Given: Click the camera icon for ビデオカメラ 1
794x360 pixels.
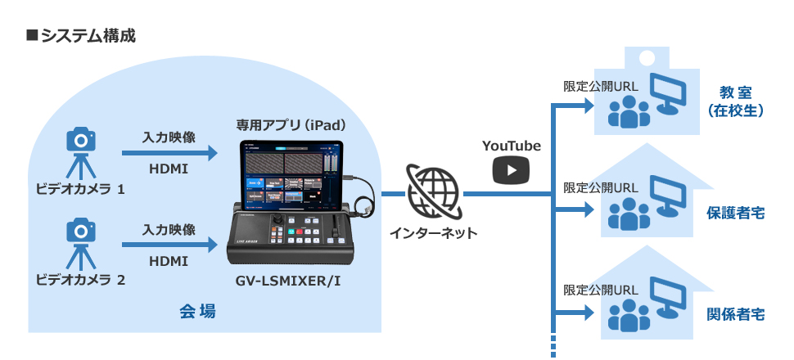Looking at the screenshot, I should [x=80, y=141].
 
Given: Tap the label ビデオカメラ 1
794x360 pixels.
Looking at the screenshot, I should [x=80, y=190].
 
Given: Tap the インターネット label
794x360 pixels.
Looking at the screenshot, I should [x=433, y=233].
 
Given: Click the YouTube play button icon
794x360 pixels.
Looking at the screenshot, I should [x=511, y=170].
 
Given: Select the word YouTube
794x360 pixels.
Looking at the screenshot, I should [x=511, y=146].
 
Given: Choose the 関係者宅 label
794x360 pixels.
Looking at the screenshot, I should [x=736, y=314].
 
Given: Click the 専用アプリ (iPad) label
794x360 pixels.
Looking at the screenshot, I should [x=291, y=125].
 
